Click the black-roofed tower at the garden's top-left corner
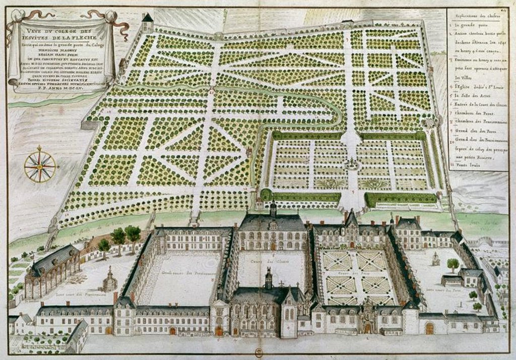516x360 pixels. (x=147, y=23)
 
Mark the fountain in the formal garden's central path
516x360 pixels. (x=352, y=163)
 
